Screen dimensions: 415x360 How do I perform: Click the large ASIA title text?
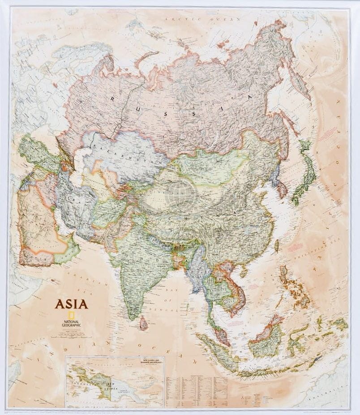(x=71, y=304)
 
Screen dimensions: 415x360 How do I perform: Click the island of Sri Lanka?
(x=143, y=322)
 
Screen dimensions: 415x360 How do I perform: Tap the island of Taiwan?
(x=276, y=245)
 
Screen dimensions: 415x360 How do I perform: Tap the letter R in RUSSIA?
(x=113, y=98)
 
